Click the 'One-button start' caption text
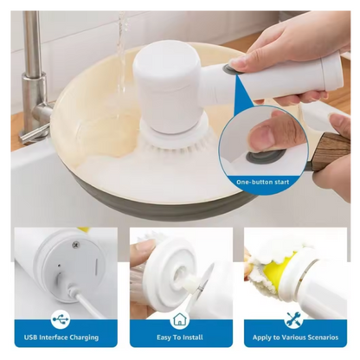coord(262,182)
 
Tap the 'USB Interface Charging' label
coord(61,337)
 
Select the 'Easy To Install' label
coord(180,337)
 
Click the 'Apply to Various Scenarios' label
coord(295,337)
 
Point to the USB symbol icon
coord(61,319)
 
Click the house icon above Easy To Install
coord(180,319)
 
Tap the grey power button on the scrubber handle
coord(229,69)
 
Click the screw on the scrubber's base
coord(77,244)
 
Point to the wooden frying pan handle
coord(331,149)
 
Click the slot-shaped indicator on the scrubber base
coord(96,264)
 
